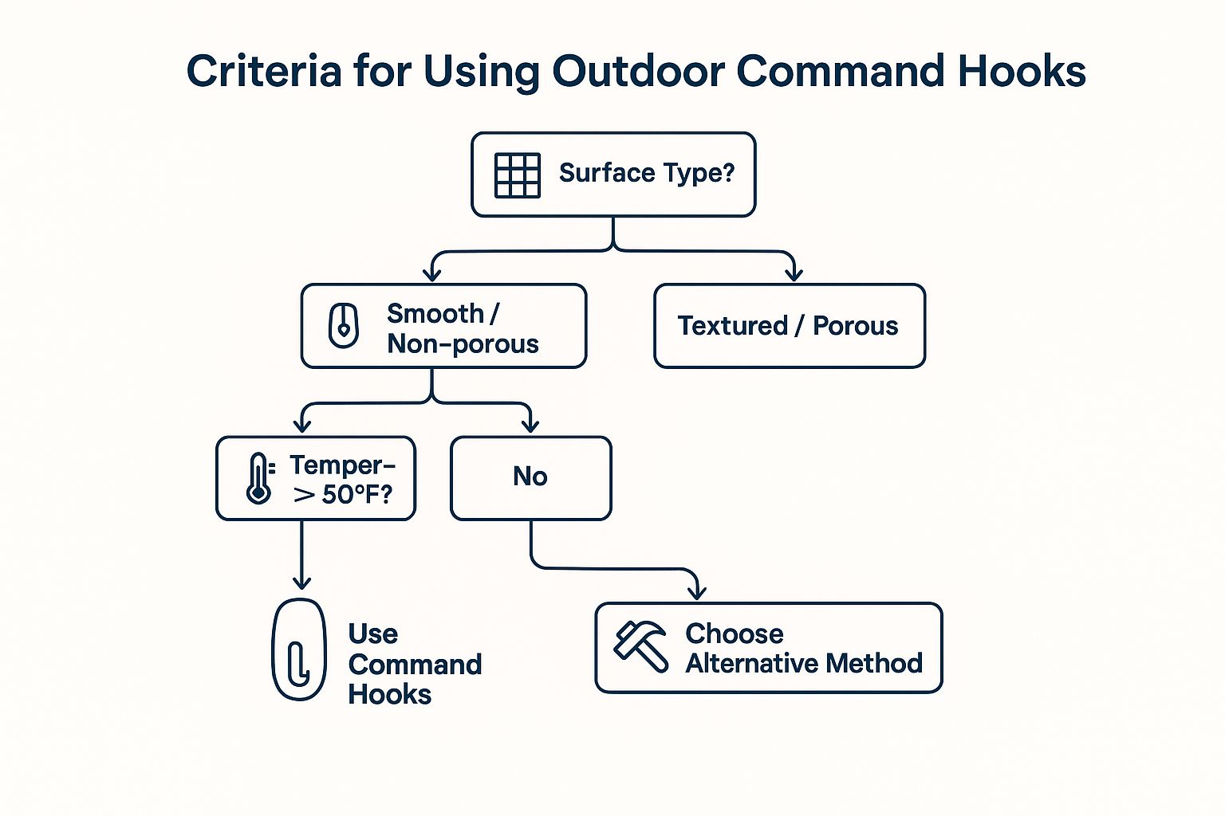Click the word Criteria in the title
264,71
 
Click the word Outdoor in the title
639,71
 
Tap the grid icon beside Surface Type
518,175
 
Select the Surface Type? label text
647,173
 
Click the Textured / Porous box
790,326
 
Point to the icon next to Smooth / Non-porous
344,326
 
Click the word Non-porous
463,344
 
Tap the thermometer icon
259,477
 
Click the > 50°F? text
343,495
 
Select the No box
531,478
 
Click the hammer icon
640,646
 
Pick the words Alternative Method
804,664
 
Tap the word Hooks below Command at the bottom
389,695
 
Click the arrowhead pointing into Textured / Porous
794,274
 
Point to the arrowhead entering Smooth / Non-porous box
432,274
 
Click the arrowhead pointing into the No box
530,426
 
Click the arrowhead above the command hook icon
302,583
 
